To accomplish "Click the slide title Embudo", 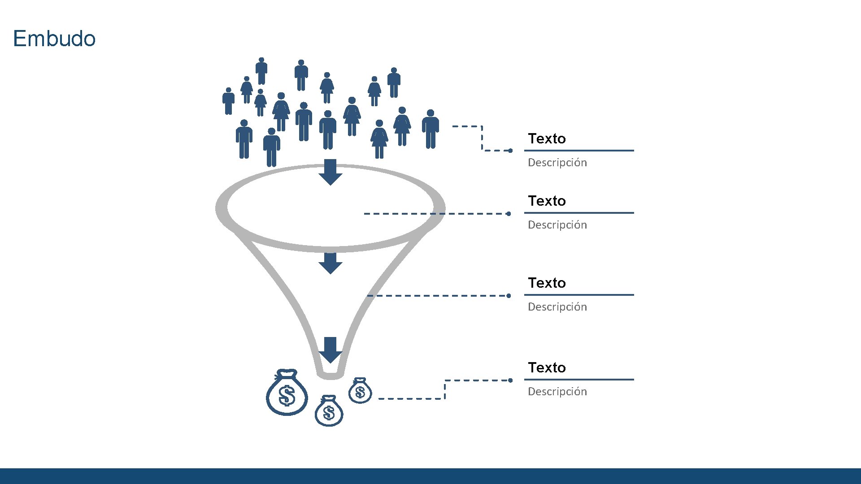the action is pos(54,39).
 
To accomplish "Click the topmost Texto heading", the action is pos(547,138).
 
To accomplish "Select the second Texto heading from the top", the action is pos(547,201).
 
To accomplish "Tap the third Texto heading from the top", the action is pos(547,283).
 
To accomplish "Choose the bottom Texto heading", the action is pos(547,367).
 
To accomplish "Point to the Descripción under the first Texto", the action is pos(557,162).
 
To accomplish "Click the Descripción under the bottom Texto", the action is pos(557,391).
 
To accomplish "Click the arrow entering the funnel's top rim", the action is pos(330,172).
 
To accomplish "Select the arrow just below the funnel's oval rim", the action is pos(330,263).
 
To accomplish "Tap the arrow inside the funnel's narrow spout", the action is pos(330,350).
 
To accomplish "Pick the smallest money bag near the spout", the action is pos(360,391).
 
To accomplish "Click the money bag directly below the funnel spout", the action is pos(329,411).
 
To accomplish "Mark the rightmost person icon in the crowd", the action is pos(430,129).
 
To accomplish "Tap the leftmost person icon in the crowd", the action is pos(228,101).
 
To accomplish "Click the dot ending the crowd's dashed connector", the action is pos(510,151).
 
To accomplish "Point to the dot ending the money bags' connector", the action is pos(510,380).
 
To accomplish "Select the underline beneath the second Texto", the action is pos(579,213).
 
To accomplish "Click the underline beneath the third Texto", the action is pos(579,295).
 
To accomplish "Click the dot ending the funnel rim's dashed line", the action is pos(509,214).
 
